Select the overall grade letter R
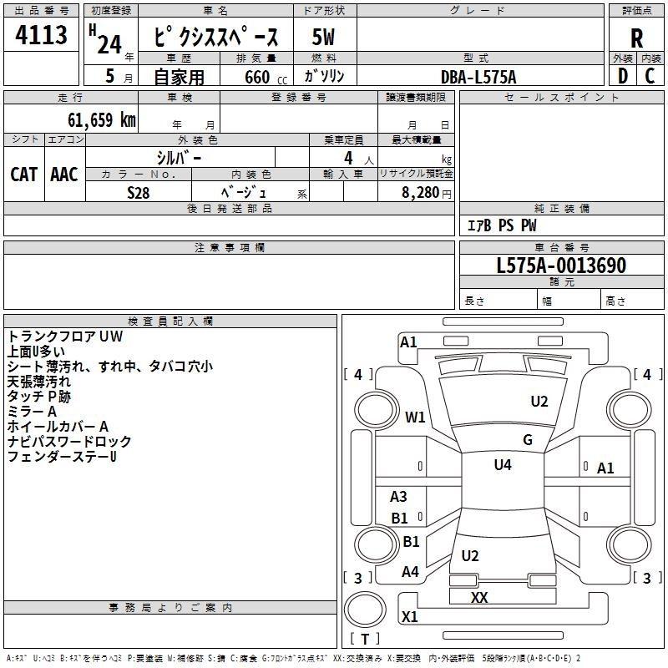click(636, 38)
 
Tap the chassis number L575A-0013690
click(561, 266)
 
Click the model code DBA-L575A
click(478, 77)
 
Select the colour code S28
click(139, 191)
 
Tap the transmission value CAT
click(23, 174)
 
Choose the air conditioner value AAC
click(63, 174)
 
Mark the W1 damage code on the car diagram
click(415, 417)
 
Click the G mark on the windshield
click(527, 440)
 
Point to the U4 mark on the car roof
click(503, 465)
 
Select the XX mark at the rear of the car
click(479, 598)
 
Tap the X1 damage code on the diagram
click(410, 617)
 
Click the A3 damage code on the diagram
click(399, 497)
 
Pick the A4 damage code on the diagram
click(410, 572)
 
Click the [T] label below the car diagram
click(364, 639)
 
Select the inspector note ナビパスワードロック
click(69, 442)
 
